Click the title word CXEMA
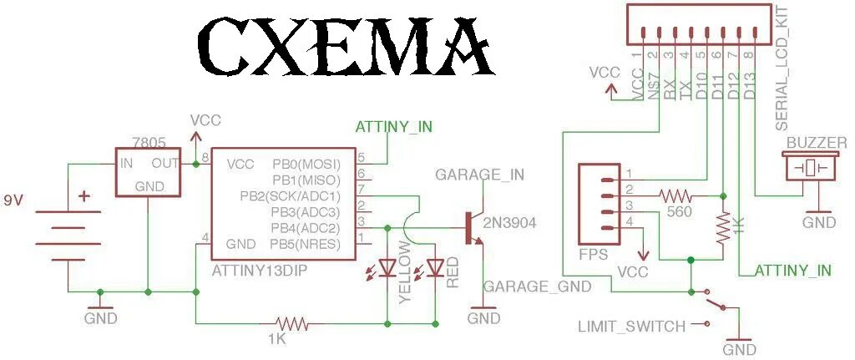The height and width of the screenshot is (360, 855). click(345, 48)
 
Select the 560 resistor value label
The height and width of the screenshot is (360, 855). click(679, 213)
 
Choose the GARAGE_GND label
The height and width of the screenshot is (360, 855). click(538, 286)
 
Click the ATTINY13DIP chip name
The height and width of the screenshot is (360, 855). click(258, 270)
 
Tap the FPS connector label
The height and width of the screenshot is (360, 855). click(593, 253)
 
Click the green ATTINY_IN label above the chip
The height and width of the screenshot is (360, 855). click(394, 127)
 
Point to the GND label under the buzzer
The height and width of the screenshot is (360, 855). click(818, 223)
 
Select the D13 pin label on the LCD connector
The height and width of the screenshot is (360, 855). click(749, 84)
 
